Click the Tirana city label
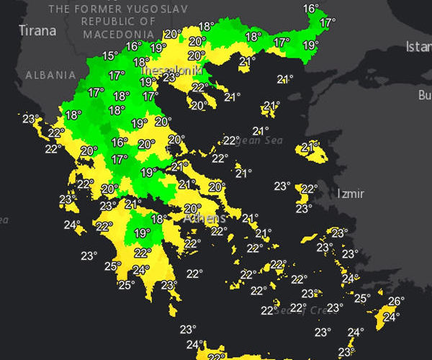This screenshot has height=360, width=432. [37, 30]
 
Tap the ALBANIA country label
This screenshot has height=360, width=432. [50, 75]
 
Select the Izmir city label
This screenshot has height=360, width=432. [351, 194]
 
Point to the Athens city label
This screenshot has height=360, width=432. [204, 217]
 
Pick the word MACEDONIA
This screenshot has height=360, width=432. [118, 34]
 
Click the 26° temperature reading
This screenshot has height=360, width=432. [396, 301]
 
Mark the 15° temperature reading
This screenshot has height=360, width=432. [109, 55]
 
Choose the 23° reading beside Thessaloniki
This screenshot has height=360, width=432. [171, 77]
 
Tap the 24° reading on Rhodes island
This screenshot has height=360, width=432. [391, 316]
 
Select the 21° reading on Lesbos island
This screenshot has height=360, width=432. [310, 147]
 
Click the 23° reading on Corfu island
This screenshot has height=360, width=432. [30, 119]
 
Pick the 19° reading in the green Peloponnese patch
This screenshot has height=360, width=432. [142, 233]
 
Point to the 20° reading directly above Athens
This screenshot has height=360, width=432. [192, 208]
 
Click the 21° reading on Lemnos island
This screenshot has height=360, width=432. [271, 106]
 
